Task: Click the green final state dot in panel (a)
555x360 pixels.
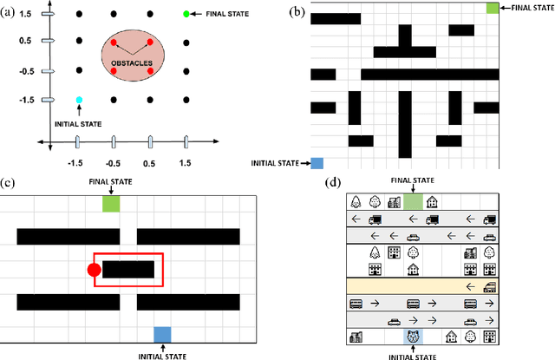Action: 186,15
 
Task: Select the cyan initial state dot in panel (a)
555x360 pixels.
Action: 79,101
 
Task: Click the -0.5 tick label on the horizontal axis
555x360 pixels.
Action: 114,163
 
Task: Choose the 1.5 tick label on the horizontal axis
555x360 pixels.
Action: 186,163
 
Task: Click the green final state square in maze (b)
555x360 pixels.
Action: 493,7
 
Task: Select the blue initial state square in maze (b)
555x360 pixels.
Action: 317,162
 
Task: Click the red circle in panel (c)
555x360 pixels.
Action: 94,271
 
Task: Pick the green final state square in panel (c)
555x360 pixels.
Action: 111,203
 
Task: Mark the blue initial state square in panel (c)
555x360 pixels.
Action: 162,334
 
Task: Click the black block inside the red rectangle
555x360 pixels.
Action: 128,270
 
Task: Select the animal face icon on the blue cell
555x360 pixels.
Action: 413,336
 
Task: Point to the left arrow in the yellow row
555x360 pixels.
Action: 471,286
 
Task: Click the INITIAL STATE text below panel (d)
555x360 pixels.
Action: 413,354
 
